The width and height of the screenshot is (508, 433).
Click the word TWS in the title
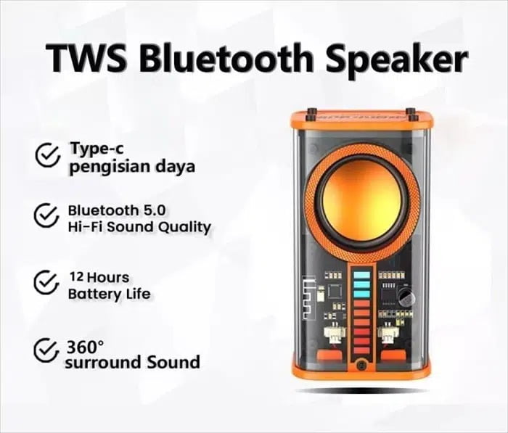pyautogui.click(x=86, y=59)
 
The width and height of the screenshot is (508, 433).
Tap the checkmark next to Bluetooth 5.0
pyautogui.click(x=46, y=215)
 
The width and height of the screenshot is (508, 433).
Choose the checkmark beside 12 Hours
pyautogui.click(x=46, y=282)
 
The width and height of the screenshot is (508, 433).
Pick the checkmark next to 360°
pyautogui.click(x=46, y=350)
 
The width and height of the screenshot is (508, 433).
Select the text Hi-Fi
pyautogui.click(x=85, y=227)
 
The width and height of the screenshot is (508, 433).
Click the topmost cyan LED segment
pyautogui.click(x=361, y=276)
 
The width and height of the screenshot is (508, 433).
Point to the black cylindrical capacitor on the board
pyautogui.click(x=405, y=296)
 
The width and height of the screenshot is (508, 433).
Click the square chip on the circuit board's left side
pyautogui.click(x=335, y=291)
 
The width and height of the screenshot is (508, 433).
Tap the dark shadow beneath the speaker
pyautogui.click(x=361, y=391)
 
